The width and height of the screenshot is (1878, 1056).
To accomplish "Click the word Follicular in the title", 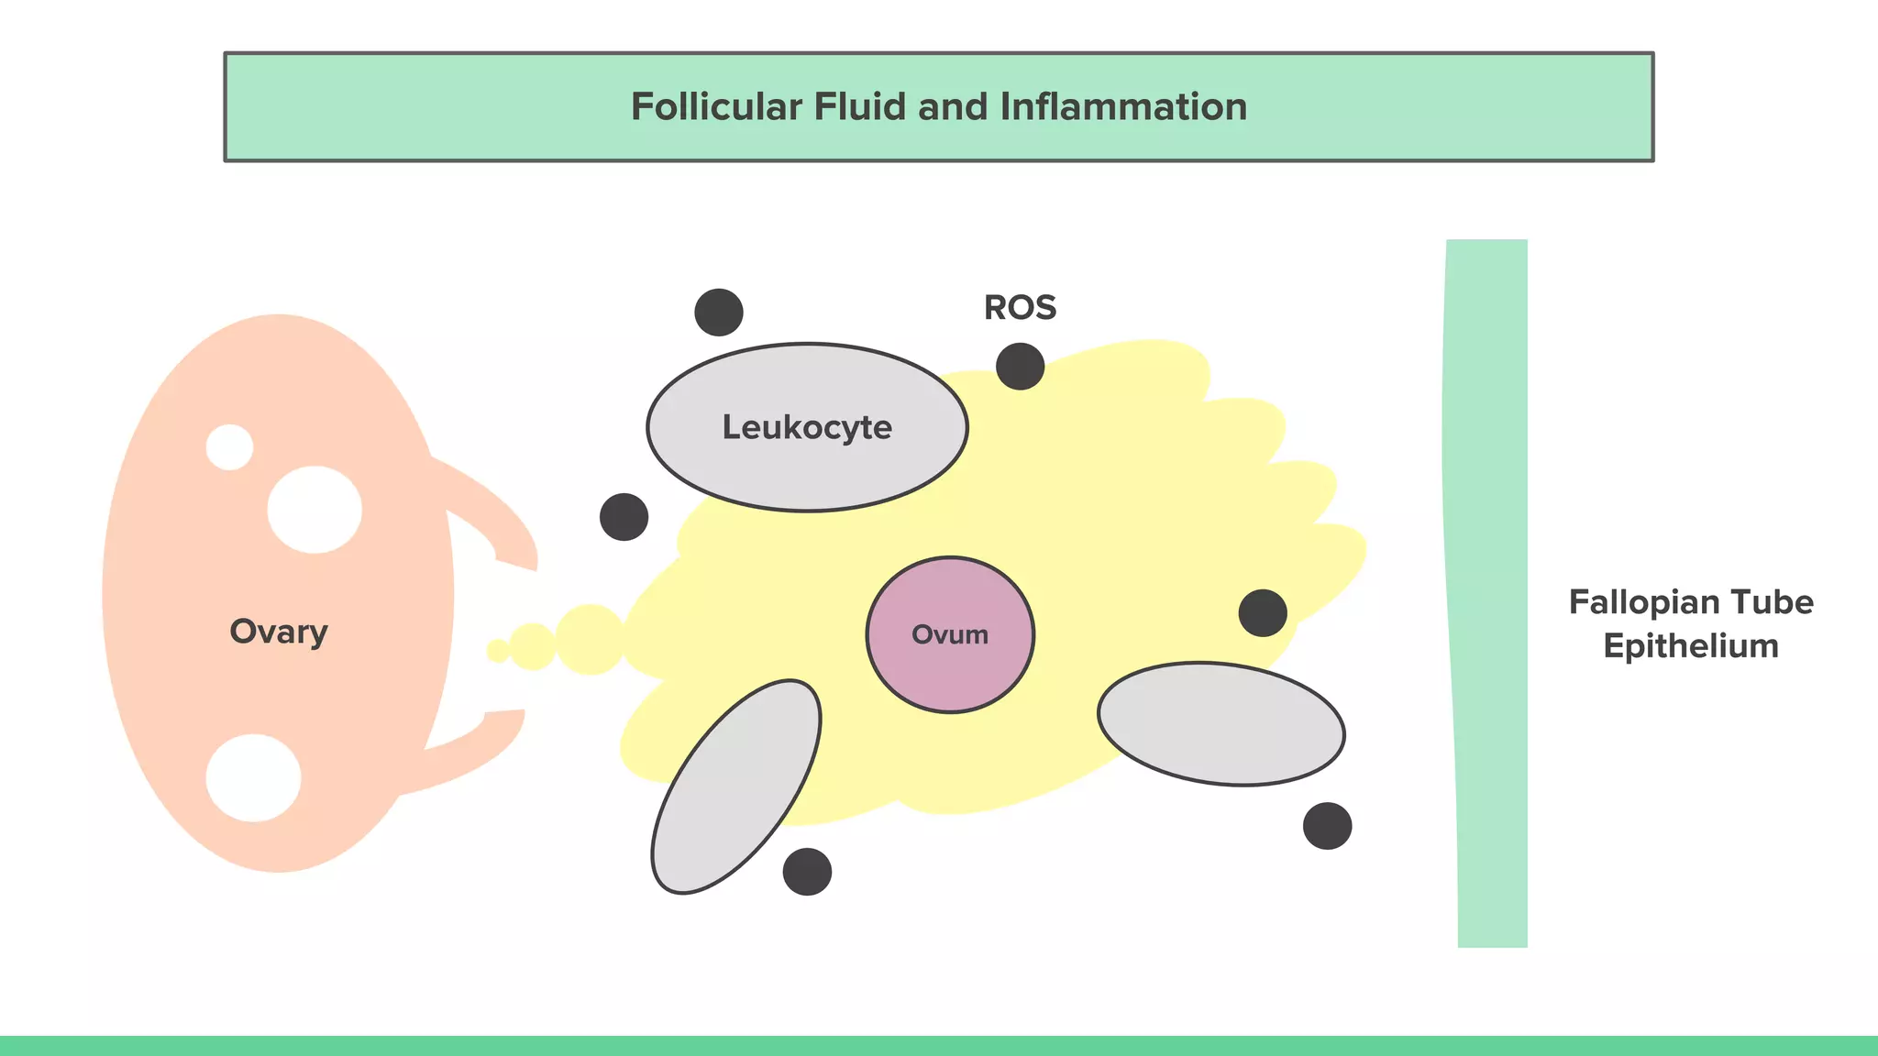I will coord(716,107).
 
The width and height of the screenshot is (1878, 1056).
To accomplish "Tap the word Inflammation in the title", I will coord(1123,107).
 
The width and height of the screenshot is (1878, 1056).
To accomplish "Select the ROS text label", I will coord(1020,308).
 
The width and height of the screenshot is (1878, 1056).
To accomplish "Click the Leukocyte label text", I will coord(807,427).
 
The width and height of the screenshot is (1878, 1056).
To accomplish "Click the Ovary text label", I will coord(279,632).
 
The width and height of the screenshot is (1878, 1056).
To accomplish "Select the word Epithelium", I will coord(1691,646).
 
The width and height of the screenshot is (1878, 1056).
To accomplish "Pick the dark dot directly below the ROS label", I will coord(1020,367).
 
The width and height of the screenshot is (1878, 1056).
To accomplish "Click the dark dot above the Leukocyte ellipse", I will coord(719,313).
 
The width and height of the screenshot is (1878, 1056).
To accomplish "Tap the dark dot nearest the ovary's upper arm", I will coord(624,517).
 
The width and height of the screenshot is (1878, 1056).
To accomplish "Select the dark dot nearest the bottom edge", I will coord(807,872).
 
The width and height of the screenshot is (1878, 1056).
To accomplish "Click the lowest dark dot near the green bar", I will coord(1327,826).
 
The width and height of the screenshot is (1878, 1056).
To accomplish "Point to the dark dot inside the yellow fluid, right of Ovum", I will coord(1263,613).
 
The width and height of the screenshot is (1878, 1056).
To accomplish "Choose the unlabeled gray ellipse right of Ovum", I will coord(1221,723).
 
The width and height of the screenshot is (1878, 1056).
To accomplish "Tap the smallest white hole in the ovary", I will coord(229,447).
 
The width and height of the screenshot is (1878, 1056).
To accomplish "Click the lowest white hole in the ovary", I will coord(253,777).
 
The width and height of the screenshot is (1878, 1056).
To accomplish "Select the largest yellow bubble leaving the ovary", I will coord(591,640).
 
